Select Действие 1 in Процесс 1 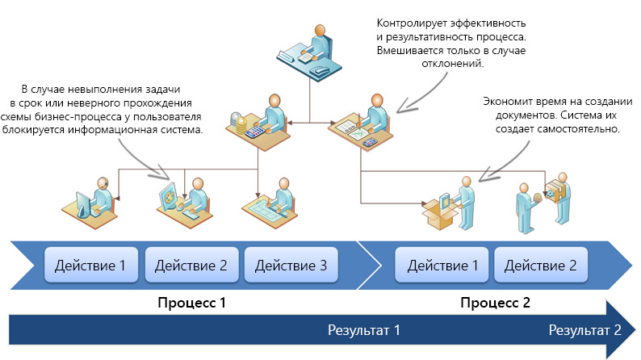point(90,265)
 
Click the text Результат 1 point(363,330)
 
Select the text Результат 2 point(584,330)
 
